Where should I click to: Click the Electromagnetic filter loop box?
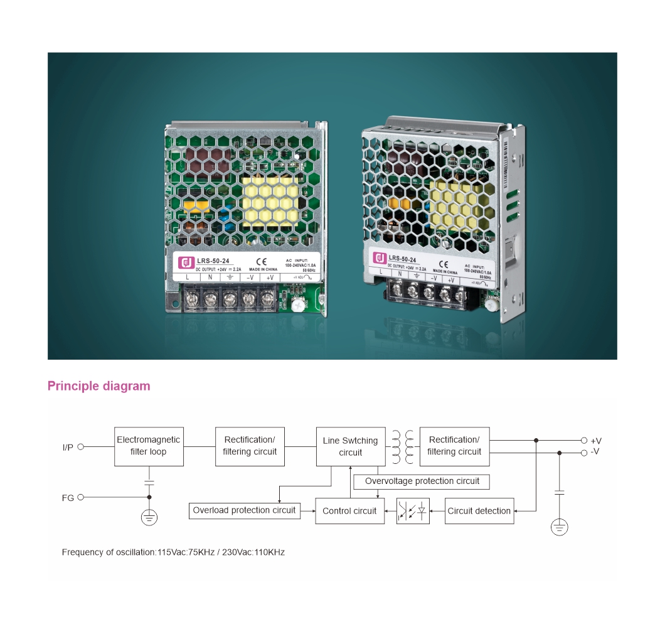149,446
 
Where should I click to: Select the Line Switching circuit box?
350,446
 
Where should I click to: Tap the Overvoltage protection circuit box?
422,481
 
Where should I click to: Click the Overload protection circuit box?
244,511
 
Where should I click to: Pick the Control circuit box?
349,511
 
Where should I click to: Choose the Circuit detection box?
479,511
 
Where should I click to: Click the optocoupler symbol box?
413,511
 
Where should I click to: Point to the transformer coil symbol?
403,446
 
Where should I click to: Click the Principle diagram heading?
99,386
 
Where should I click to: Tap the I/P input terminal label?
68,447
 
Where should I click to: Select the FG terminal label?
68,498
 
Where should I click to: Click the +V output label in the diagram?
595,441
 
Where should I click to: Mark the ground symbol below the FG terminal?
149,517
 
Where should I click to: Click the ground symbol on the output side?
560,527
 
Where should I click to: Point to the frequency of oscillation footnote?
173,552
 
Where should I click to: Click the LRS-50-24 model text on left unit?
213,261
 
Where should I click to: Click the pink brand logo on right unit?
380,258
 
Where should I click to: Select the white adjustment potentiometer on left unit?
299,305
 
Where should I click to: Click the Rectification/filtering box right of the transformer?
454,446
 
